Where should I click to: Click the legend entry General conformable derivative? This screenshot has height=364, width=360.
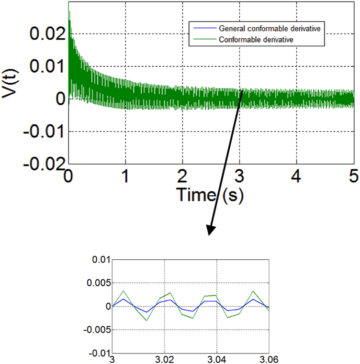coord(269,28)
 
